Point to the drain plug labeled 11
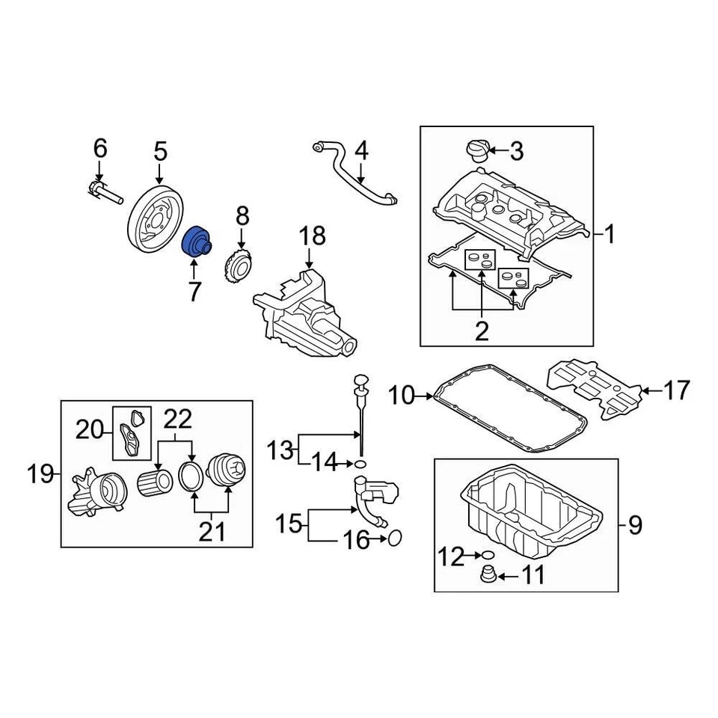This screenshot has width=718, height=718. click(486, 577)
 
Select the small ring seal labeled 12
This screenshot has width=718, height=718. click(486, 555)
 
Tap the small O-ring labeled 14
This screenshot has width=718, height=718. click(360, 464)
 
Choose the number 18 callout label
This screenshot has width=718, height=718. click(313, 236)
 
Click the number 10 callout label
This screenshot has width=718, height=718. click(402, 396)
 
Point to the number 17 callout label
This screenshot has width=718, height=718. click(677, 390)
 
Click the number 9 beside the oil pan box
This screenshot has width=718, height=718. click(634, 525)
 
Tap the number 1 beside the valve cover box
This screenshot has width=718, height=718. click(610, 236)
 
